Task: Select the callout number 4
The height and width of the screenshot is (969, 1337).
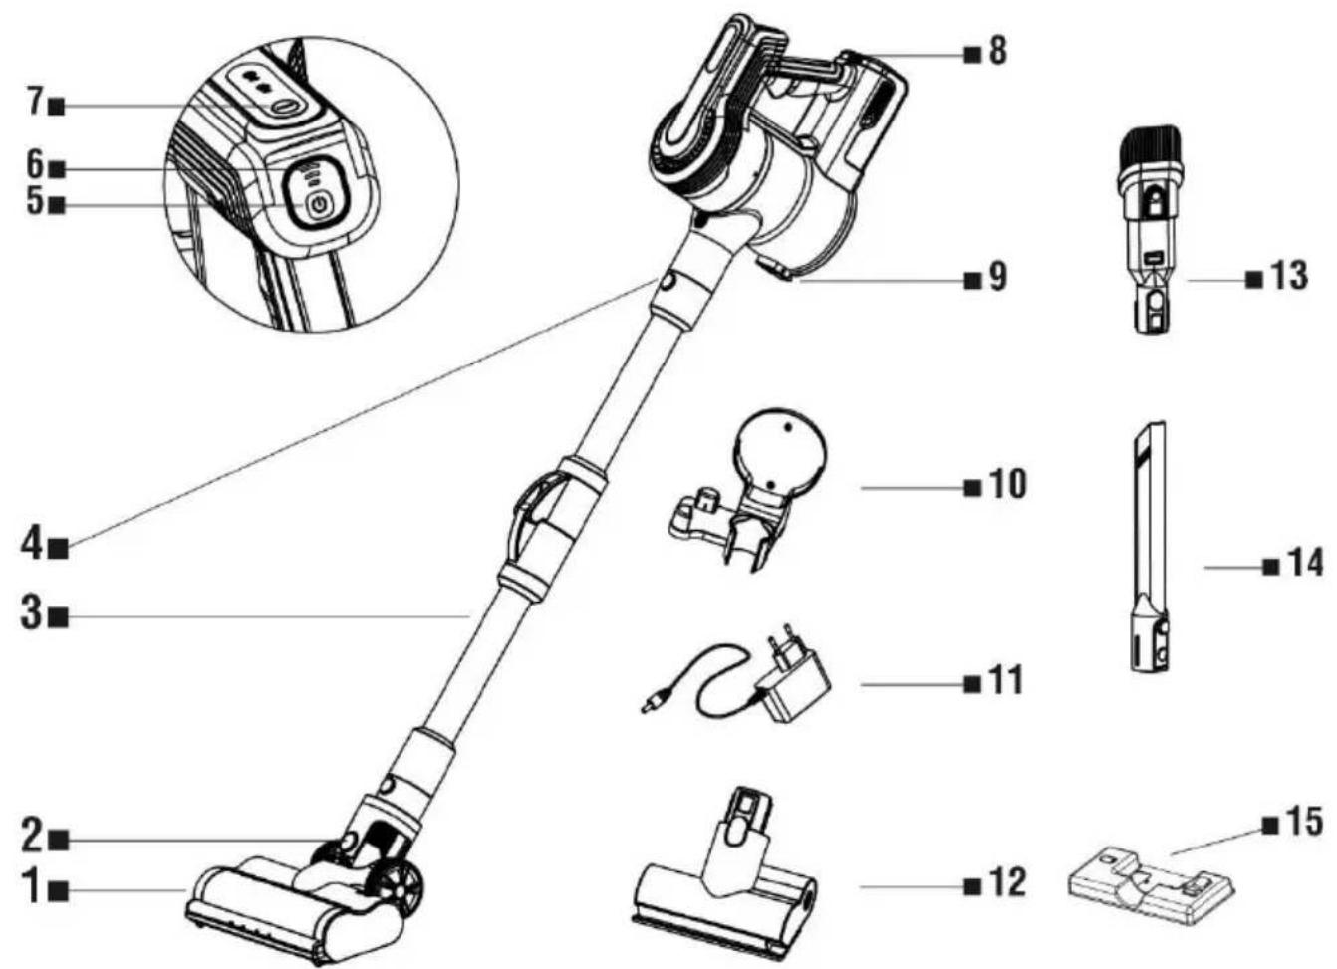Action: pos(32,545)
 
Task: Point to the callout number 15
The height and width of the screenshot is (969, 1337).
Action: pos(1305,822)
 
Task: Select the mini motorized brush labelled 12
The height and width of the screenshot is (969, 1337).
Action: pos(724,876)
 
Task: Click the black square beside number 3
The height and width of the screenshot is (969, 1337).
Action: pos(59,617)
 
